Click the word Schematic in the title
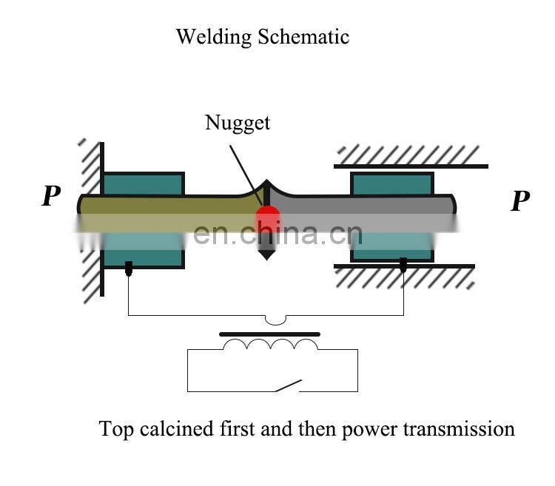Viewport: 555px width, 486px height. tap(303, 37)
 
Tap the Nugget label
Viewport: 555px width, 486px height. tap(237, 123)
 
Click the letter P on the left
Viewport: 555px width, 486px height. tap(50, 197)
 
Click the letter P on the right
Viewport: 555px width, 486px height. tap(520, 200)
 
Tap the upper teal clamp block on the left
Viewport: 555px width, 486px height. tap(143, 183)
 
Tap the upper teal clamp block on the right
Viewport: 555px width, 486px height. tap(391, 184)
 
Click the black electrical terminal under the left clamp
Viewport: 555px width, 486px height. tap(129, 269)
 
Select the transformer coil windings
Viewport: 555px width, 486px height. tap(270, 345)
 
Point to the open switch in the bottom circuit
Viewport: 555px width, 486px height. tap(288, 385)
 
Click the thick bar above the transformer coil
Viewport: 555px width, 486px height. tap(270, 334)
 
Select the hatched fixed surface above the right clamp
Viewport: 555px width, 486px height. tap(411, 155)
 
